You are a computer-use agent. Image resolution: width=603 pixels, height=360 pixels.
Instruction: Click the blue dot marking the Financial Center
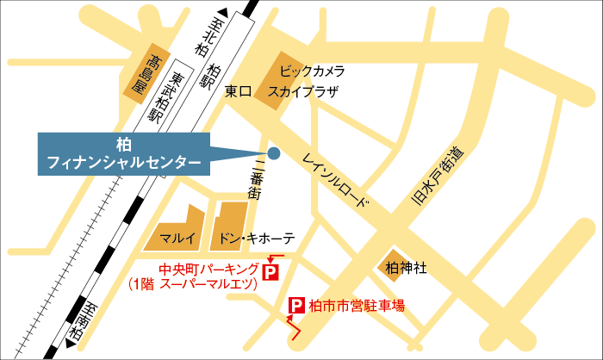(x=274, y=153)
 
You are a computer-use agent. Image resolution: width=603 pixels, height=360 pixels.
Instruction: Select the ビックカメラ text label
(x=313, y=71)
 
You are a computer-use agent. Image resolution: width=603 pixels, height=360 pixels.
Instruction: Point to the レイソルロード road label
(x=337, y=181)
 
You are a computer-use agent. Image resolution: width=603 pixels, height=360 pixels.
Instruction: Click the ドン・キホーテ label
(x=258, y=238)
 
